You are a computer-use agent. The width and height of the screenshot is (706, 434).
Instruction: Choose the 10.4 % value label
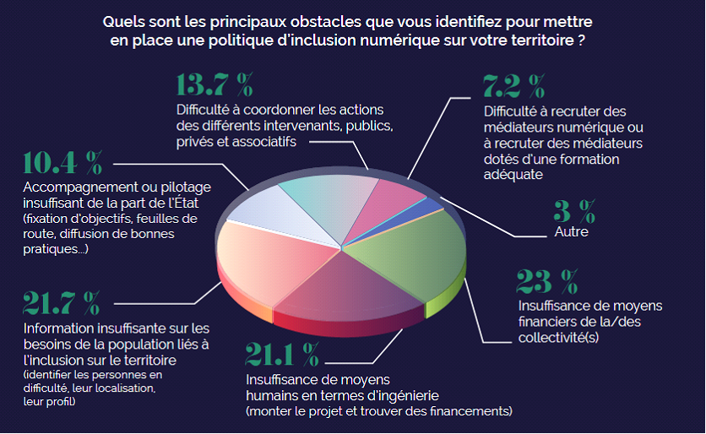[63, 163]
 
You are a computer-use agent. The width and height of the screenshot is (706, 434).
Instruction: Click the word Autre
[572, 231]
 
